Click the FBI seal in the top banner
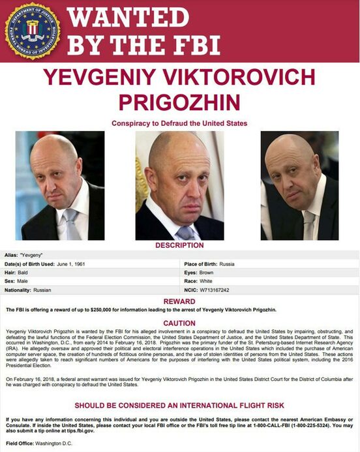click(x=33, y=31)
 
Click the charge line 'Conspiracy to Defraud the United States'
click(x=179, y=123)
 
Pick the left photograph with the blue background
click(x=59, y=186)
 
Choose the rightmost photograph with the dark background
click(x=299, y=186)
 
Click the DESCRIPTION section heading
click(x=179, y=245)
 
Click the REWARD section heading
click(x=179, y=301)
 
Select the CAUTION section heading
click(x=179, y=323)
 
